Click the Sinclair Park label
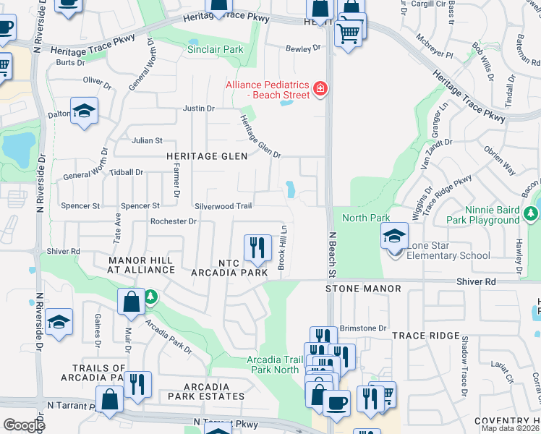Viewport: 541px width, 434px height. click(216, 49)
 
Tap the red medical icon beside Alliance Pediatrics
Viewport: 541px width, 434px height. click(319, 90)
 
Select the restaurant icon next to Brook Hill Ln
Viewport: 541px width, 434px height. click(256, 249)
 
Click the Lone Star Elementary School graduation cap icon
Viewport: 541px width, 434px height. click(395, 237)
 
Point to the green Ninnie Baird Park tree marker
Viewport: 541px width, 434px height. click(532, 213)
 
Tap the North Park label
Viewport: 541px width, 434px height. click(366, 218)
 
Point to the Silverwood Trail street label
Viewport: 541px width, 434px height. click(223, 206)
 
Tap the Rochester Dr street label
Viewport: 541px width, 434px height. click(173, 221)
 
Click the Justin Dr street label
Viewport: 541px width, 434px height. click(199, 109)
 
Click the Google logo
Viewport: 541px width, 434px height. click(24, 425)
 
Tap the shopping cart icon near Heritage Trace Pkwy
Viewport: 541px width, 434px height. click(349, 31)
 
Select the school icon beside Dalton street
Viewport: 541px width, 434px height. click(85, 111)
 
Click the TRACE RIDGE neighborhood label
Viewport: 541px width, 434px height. click(425, 336)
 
